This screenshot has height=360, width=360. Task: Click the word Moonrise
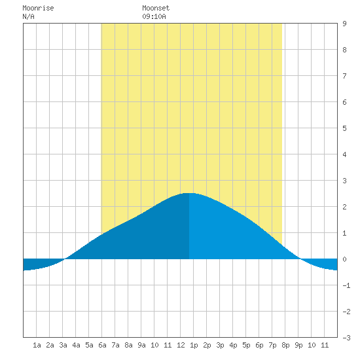click(x=38, y=8)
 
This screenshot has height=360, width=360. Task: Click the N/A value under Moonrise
click(x=28, y=16)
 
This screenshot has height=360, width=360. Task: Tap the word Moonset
click(x=156, y=8)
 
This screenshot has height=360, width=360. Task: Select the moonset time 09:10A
click(x=154, y=16)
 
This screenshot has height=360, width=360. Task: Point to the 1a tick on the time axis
click(x=37, y=345)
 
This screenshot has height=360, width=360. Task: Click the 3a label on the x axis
click(x=63, y=345)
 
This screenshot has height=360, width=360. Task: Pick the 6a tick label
click(x=102, y=345)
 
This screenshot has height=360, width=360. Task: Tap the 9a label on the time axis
click(x=141, y=345)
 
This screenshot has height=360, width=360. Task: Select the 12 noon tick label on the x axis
click(x=181, y=345)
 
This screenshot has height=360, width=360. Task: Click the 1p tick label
click(x=194, y=345)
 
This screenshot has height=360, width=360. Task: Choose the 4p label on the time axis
click(x=233, y=345)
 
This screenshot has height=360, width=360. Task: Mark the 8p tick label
click(x=285, y=345)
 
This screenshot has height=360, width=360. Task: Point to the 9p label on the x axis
click(x=298, y=345)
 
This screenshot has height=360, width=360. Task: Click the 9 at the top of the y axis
click(x=344, y=24)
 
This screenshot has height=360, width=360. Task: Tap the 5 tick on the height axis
click(x=344, y=128)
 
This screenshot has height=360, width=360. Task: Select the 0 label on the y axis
click(x=344, y=259)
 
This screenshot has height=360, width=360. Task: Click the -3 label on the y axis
click(x=346, y=338)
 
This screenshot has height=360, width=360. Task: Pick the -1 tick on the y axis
click(x=346, y=285)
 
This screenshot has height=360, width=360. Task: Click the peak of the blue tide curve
click(x=189, y=193)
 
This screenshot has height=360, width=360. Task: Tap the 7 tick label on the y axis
click(x=344, y=76)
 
